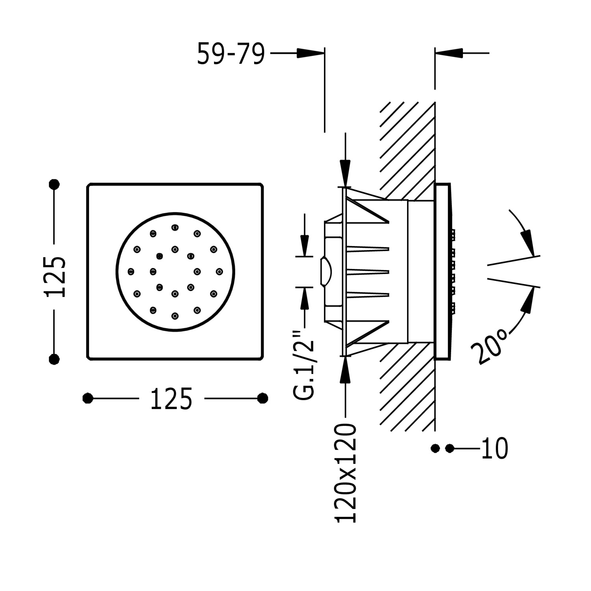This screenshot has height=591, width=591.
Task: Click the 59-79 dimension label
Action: coord(230,54)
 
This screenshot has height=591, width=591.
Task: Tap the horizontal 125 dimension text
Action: coord(171,399)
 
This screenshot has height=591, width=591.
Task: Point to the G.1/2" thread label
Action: coord(304,364)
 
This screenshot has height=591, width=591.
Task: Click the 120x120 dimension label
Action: coord(346,473)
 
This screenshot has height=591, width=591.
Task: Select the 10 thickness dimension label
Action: coord(494,448)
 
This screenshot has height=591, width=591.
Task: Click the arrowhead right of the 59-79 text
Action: coord(310,53)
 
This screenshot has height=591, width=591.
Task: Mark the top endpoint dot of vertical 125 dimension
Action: coord(54,184)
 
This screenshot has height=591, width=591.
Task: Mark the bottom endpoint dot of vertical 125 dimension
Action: coord(54,359)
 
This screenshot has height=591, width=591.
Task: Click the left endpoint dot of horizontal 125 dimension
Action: coord(88,398)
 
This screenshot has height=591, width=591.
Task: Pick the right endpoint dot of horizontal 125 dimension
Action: coord(262,398)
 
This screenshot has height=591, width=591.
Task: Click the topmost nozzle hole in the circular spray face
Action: coord(175,227)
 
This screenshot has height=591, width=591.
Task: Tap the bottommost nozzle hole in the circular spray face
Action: coord(175,316)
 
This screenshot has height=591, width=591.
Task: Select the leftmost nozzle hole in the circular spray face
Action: coord(131,271)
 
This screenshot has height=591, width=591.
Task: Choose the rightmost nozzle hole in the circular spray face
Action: coord(219,271)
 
